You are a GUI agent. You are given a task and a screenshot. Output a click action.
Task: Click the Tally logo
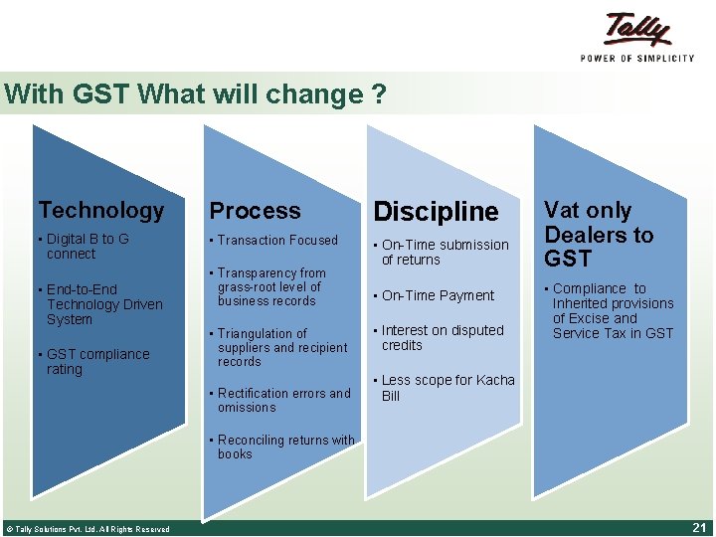tap(636, 37)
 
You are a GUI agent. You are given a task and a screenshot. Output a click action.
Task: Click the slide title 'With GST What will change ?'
tap(195, 95)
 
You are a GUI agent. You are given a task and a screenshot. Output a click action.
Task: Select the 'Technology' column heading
tap(100, 210)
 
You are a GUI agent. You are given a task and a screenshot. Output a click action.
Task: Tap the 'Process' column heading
tap(255, 211)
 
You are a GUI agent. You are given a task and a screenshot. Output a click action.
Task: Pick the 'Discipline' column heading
tap(436, 212)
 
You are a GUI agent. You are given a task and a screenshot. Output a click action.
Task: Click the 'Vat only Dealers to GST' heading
tap(599, 235)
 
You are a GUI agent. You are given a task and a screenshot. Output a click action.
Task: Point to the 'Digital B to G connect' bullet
tap(87, 247)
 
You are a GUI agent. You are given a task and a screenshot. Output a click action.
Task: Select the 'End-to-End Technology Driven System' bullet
tap(102, 304)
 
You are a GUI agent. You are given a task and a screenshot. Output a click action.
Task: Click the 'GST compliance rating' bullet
tap(96, 362)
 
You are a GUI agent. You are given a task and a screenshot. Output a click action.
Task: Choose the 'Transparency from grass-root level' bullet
tap(269, 286)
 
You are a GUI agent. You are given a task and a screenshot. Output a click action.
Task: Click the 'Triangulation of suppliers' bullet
tap(280, 347)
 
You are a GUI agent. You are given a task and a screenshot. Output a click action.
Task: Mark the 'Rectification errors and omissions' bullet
tap(282, 400)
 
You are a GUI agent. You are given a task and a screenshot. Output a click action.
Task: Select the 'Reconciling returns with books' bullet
tap(284, 447)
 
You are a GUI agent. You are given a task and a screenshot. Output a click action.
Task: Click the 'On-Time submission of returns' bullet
tap(444, 253)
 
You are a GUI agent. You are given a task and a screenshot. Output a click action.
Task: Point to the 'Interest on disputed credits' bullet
tap(442, 338)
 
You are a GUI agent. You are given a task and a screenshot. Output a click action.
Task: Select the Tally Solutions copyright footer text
tap(88, 529)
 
